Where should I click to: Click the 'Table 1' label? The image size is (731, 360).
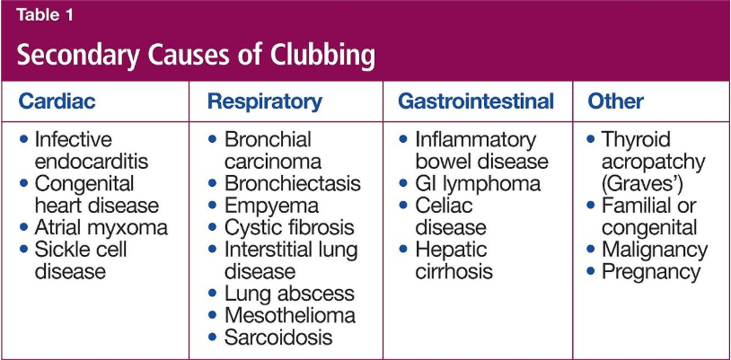pyautogui.click(x=45, y=16)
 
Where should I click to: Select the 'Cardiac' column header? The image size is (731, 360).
pyautogui.click(x=57, y=101)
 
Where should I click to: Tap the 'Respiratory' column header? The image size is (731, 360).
pyautogui.click(x=264, y=101)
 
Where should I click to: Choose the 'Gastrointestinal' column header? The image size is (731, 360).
pyautogui.click(x=476, y=101)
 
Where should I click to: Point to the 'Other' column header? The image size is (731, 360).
pyautogui.click(x=615, y=101)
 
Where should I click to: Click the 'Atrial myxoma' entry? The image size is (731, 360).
pyautogui.click(x=101, y=228)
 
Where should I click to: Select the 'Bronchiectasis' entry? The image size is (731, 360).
pyautogui.click(x=292, y=183)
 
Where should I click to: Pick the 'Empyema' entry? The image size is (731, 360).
pyautogui.click(x=271, y=206)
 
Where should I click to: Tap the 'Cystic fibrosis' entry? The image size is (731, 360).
pyautogui.click(x=289, y=227)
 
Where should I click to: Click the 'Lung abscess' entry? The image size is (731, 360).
pyautogui.click(x=289, y=294)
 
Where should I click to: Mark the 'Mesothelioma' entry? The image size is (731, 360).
pyautogui.click(x=289, y=316)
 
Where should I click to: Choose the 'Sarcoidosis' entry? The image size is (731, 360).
pyautogui.click(x=278, y=338)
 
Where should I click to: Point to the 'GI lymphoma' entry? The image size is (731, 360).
pyautogui.click(x=478, y=184)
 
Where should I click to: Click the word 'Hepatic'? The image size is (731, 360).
pyautogui.click(x=451, y=250)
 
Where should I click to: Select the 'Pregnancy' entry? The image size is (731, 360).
pyautogui.click(x=651, y=272)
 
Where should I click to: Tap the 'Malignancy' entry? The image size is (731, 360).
pyautogui.click(x=655, y=250)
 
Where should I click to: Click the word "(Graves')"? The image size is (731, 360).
pyautogui.click(x=642, y=184)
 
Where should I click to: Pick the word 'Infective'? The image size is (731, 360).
pyautogui.click(x=74, y=139)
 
